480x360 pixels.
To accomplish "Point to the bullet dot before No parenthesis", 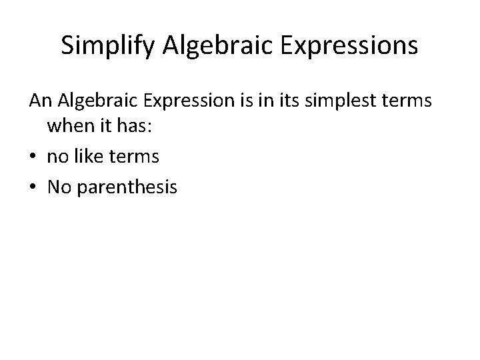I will coord(33,188).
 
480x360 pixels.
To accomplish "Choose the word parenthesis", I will coord(127,188).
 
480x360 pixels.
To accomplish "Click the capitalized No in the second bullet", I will coord(59,187).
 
